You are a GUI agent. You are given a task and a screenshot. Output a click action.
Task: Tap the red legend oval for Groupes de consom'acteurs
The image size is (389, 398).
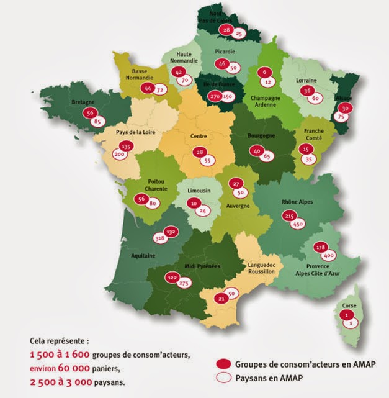225,364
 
